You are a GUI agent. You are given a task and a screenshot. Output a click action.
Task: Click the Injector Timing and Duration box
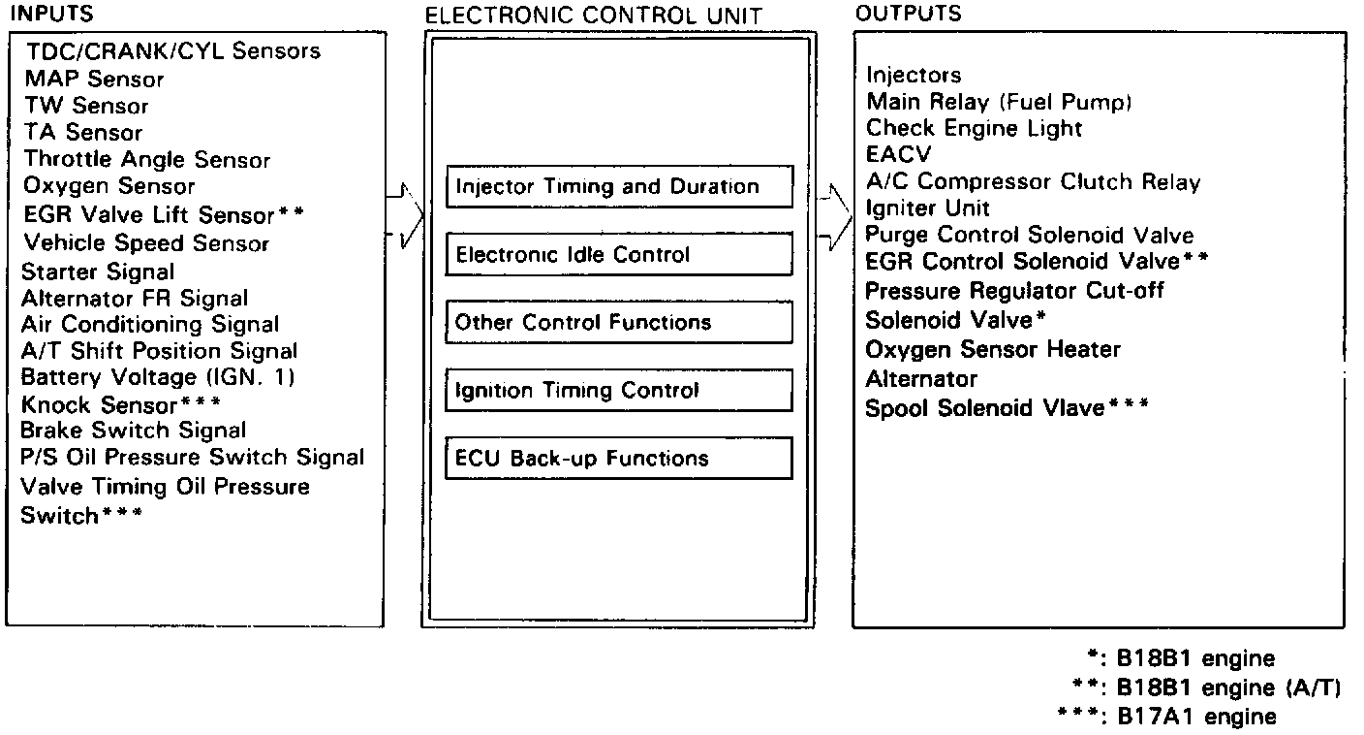[x=618, y=186]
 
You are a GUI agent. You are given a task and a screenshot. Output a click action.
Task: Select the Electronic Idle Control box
[x=618, y=254]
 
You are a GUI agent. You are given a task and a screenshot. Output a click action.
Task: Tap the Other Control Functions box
[x=618, y=322]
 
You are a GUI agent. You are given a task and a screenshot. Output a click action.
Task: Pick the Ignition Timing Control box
[x=618, y=390]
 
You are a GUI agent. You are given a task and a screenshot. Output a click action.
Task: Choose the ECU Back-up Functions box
[x=618, y=458]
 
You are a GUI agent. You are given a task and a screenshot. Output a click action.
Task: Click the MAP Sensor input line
[x=95, y=79]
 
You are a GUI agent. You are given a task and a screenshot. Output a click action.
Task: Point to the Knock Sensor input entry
[x=121, y=403]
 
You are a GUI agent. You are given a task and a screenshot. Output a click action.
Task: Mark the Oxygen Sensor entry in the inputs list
[x=109, y=186]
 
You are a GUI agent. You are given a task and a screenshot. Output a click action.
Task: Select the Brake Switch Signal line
[x=134, y=430]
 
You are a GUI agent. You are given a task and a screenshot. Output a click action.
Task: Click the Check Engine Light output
[x=974, y=128]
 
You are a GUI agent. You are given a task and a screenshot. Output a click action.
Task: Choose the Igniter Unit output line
[x=927, y=208]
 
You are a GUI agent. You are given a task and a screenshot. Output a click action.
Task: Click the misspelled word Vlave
[x=1070, y=408]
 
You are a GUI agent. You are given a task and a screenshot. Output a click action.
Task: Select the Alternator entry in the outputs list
[x=920, y=378]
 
